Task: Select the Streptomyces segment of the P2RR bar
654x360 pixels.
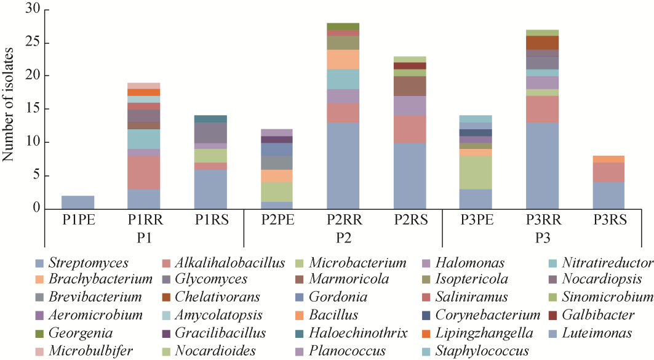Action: pos(344,165)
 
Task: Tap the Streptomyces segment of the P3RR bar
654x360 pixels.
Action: pos(542,165)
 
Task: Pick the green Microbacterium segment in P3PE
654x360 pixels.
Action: pos(476,172)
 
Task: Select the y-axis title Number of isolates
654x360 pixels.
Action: pos(9,109)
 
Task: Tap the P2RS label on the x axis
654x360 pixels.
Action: pos(410,220)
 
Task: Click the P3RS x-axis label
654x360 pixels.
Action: pos(608,220)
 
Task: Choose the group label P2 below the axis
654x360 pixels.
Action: pos(344,237)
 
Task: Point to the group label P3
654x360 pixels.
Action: pos(542,237)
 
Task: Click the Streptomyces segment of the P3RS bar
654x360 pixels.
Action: pos(608,195)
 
